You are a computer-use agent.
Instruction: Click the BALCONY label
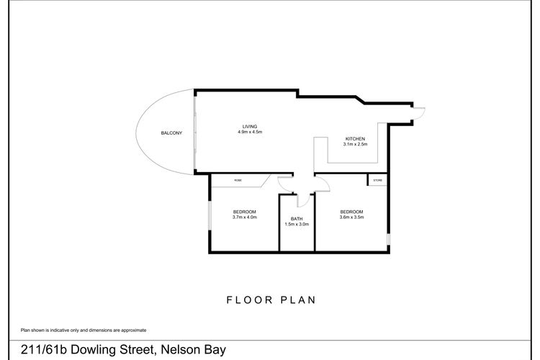[x=171, y=133]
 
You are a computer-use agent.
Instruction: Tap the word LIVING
[x=249, y=127]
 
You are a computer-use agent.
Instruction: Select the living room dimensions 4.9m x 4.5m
[x=249, y=132]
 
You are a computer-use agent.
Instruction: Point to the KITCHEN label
[x=355, y=138]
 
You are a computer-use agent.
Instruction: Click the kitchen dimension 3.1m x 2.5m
[x=355, y=144]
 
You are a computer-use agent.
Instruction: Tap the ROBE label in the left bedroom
[x=238, y=180]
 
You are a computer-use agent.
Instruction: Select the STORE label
[x=377, y=180]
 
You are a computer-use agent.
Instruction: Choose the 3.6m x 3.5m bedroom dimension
[x=351, y=217]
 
